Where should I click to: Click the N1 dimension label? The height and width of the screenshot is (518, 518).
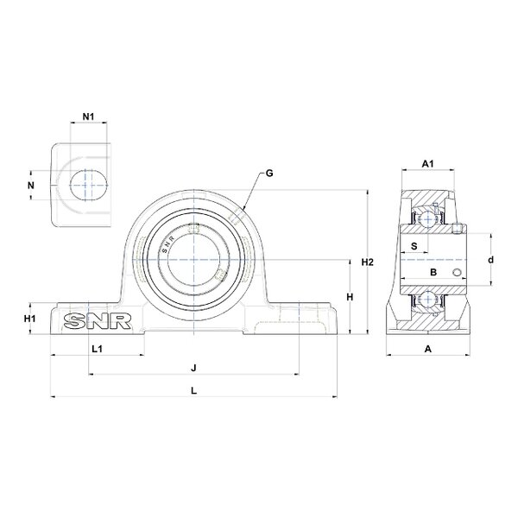click(x=88, y=117)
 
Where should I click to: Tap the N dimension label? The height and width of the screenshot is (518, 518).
click(x=31, y=186)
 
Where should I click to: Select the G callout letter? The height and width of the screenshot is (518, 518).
click(x=269, y=174)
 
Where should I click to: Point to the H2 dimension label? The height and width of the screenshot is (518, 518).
click(x=367, y=262)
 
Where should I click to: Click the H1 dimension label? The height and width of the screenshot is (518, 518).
click(x=29, y=319)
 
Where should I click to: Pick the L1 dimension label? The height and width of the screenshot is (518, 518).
click(x=97, y=349)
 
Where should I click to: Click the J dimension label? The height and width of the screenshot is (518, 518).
click(x=194, y=368)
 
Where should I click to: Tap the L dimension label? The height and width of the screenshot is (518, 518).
click(x=194, y=390)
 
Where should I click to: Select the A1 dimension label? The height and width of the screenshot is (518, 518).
click(x=428, y=163)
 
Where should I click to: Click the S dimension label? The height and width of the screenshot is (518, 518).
click(x=414, y=246)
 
